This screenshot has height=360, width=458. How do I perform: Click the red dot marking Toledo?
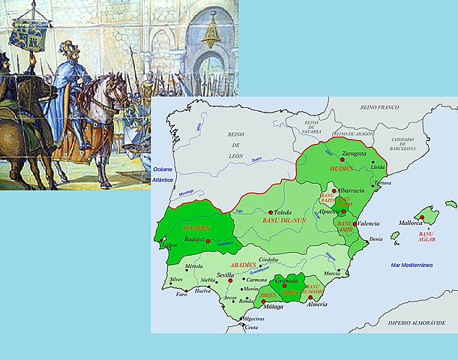coord(271,212)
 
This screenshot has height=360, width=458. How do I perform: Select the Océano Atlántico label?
coord(163,175)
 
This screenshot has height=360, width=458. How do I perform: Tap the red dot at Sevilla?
coord(231,280)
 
